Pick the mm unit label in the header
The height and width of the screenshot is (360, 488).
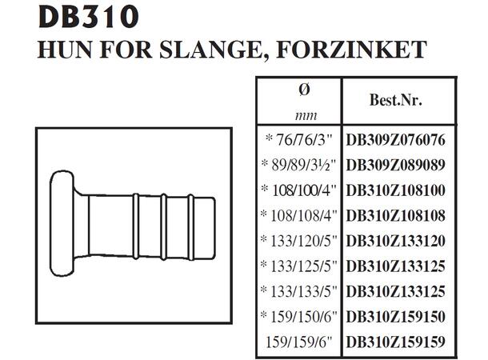pos(298,115)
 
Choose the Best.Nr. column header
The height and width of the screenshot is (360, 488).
pos(395,102)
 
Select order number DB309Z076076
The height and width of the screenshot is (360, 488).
pos(395,139)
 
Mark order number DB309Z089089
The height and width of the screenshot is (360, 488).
pos(395,165)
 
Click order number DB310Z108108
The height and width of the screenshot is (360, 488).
pos(395,215)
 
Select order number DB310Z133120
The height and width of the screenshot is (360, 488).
pos(395,241)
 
